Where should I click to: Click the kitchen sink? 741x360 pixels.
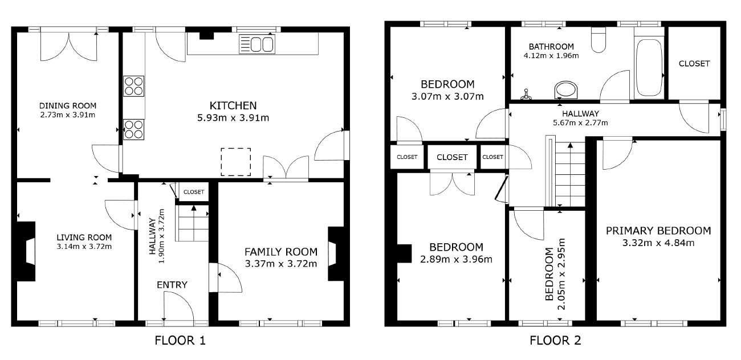pyautogui.click(x=257, y=44)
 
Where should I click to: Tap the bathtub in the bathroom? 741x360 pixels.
pyautogui.click(x=649, y=67)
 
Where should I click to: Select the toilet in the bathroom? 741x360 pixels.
pyautogui.click(x=598, y=40)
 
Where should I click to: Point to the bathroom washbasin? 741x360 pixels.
pyautogui.click(x=565, y=89)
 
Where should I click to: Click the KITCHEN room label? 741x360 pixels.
pyautogui.click(x=233, y=105)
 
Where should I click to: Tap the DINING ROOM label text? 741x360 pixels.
pyautogui.click(x=68, y=106)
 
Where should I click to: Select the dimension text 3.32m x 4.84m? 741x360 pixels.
pyautogui.click(x=658, y=243)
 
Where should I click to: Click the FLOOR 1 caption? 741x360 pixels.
pyautogui.click(x=180, y=341)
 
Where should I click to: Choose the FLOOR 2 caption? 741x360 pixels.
pyautogui.click(x=555, y=341)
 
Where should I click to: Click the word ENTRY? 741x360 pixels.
pyautogui.click(x=172, y=285)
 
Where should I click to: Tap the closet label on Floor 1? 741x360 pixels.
pyautogui.click(x=194, y=192)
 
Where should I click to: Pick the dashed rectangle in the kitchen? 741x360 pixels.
pyautogui.click(x=236, y=162)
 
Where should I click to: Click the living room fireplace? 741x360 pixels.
pyautogui.click(x=26, y=251)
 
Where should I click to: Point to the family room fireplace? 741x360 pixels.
pyautogui.click(x=336, y=253)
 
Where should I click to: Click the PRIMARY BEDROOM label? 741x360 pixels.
pyautogui.click(x=658, y=231)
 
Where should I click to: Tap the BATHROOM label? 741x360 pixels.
pyautogui.click(x=551, y=47)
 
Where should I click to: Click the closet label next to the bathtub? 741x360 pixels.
pyautogui.click(x=694, y=63)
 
